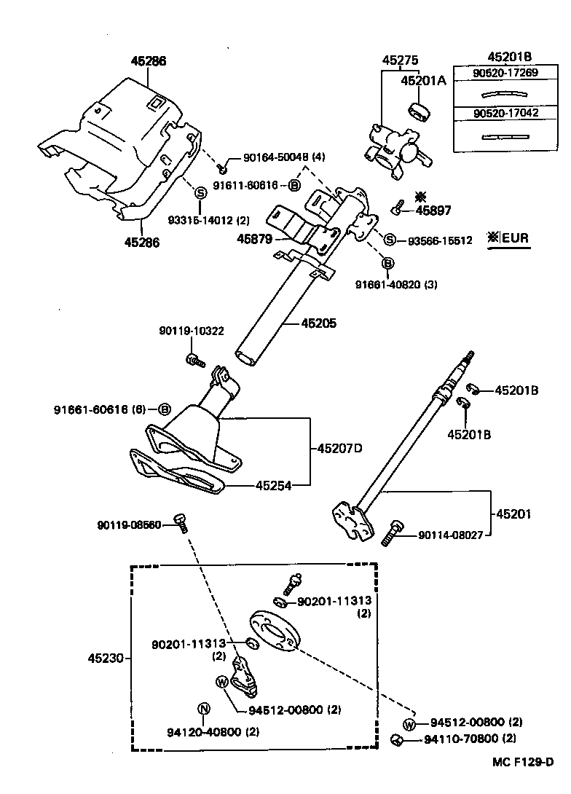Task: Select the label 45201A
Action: [x=422, y=81]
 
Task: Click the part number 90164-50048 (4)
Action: [x=274, y=157]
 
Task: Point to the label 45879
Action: [x=253, y=237]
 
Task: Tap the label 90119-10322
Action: [x=191, y=331]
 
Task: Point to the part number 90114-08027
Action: [x=449, y=536]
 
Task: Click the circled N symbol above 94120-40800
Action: [x=204, y=709]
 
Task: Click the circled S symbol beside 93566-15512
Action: [x=390, y=240]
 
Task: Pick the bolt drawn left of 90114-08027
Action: [x=391, y=533]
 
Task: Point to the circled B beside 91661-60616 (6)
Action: [x=164, y=409]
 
